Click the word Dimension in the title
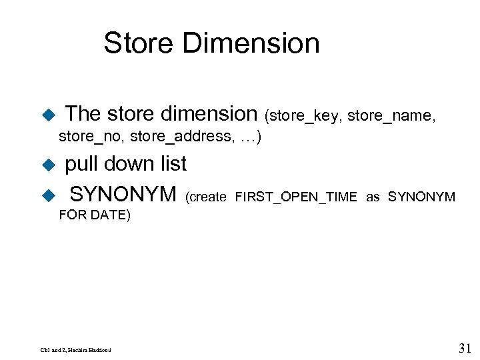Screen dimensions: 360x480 tap(250, 43)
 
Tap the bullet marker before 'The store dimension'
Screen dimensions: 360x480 tap(47, 115)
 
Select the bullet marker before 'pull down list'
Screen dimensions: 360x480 tap(47, 165)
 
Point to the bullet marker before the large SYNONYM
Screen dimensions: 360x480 tap(47, 195)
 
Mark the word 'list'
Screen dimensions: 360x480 tap(172, 163)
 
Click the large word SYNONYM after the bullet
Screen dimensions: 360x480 tap(123, 195)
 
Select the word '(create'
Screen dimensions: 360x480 tap(206, 197)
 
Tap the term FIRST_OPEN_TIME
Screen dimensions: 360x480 tap(295, 197)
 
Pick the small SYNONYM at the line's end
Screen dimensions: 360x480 tap(421, 197)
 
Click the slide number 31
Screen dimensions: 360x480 tap(465, 347)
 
